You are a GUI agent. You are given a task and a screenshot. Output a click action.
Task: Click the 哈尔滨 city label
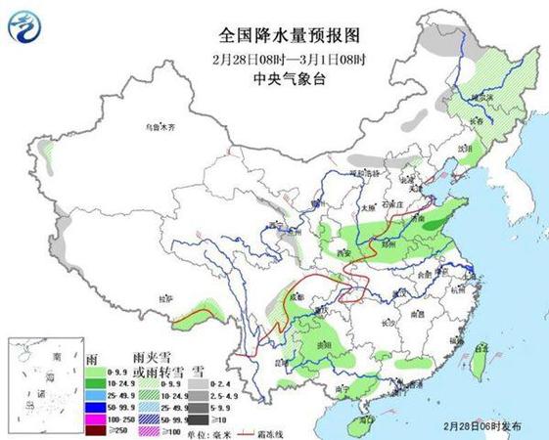point(480,99)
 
